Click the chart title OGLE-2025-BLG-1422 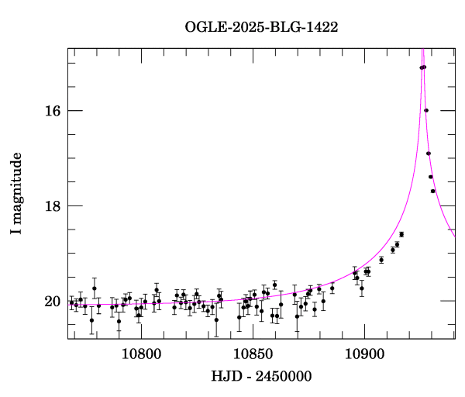click(261, 26)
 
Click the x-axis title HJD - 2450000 click(261, 378)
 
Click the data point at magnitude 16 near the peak click(426, 110)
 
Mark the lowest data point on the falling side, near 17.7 click(433, 191)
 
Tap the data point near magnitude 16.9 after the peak click(429, 154)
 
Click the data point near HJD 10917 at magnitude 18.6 click(401, 234)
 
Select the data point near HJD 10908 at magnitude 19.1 click(381, 260)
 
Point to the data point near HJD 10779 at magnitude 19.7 click(95, 288)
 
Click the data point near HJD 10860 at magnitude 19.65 click(274, 285)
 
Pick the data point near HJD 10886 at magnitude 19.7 click(332, 288)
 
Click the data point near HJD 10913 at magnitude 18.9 click(393, 250)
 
